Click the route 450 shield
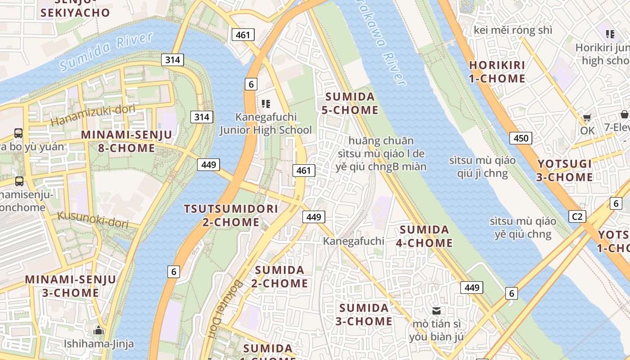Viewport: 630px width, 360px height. coord(521,138)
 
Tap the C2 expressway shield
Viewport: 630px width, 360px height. coord(577,216)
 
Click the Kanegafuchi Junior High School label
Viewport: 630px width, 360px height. coord(265,124)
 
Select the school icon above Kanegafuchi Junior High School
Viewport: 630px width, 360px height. coord(266,104)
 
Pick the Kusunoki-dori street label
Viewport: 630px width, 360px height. coord(93,219)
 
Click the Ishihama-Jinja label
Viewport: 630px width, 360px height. coord(99,344)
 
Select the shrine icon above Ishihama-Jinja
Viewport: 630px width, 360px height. coord(99,331)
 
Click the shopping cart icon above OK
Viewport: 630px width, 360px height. coord(587,118)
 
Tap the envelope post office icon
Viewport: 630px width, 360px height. coord(436,310)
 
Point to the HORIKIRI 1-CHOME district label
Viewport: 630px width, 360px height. coord(497,72)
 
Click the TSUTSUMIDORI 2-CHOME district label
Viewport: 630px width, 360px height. coord(231,215)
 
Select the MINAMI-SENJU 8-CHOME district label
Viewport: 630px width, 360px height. coord(126,141)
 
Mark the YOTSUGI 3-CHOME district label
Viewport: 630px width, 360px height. coord(564,170)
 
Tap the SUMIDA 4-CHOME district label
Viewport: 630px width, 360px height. coord(424,236)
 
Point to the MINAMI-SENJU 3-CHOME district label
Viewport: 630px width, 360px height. coord(71,286)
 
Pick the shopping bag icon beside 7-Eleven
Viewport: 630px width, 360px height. coord(624,114)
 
